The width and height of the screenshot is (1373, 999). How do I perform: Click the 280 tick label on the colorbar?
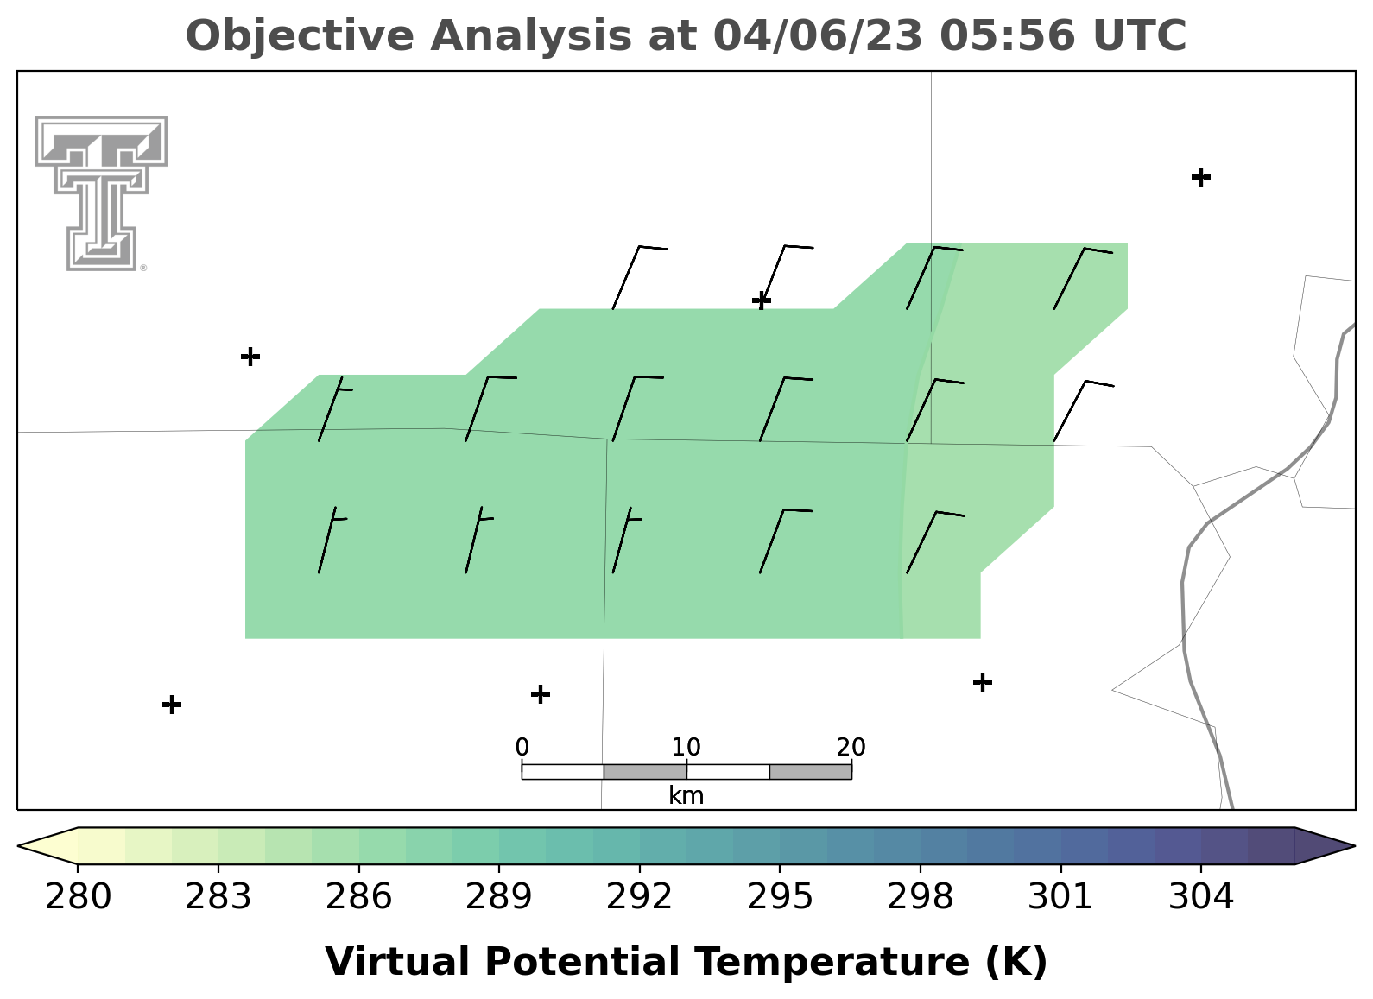[x=78, y=897]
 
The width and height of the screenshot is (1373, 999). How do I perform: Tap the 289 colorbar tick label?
[x=499, y=897]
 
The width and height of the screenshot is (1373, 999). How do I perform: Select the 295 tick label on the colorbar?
[x=780, y=897]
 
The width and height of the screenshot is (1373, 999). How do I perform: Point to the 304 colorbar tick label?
[x=1201, y=897]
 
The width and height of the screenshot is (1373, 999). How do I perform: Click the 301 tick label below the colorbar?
[x=1060, y=897]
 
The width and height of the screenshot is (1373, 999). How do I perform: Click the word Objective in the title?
[x=301, y=36]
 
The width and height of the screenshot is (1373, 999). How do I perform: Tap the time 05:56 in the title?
[x=1007, y=36]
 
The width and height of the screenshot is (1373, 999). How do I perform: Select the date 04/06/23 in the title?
[x=818, y=36]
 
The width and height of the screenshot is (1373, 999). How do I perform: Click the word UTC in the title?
[x=1140, y=36]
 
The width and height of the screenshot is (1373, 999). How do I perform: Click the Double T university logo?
[x=100, y=193]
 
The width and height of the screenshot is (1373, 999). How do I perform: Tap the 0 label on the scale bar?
[x=522, y=748]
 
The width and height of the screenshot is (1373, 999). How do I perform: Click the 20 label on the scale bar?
[x=851, y=748]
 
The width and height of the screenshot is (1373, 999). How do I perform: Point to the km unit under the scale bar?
[x=686, y=795]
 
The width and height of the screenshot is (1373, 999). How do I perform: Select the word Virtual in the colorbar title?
[x=397, y=962]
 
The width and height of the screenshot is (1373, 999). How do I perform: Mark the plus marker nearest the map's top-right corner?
[x=1201, y=177]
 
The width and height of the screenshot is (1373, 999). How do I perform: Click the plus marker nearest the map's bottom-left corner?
[x=172, y=705]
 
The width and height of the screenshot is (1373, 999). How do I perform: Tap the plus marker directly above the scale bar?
[x=540, y=694]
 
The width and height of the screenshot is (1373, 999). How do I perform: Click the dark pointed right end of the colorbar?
[x=1353, y=846]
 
